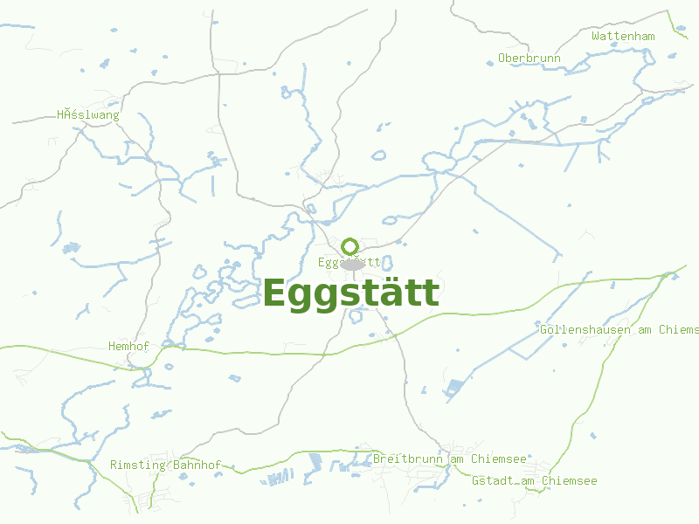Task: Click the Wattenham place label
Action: click(623, 36)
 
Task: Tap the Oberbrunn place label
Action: click(529, 59)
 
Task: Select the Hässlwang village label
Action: click(87, 114)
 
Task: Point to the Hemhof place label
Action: click(128, 346)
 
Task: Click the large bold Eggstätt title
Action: click(351, 293)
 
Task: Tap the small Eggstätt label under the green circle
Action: click(349, 262)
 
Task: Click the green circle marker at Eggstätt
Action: click(350, 246)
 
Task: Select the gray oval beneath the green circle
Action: click(352, 265)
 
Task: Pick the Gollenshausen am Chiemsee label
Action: click(619, 329)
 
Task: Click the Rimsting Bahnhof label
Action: click(165, 465)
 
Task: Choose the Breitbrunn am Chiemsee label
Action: click(449, 458)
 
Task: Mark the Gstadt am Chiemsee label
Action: click(534, 480)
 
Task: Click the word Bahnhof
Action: click(197, 465)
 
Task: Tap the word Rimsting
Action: click(138, 465)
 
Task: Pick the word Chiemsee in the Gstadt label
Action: click(570, 480)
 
